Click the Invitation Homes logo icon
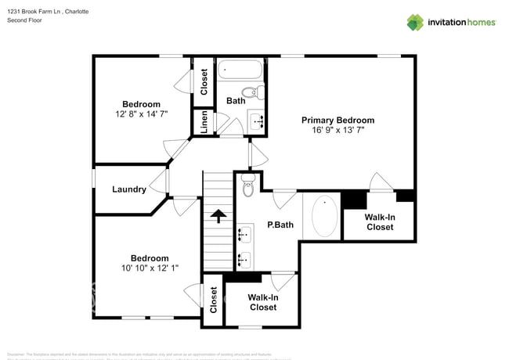(415, 22)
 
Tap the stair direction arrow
(218, 214)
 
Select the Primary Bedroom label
(338, 120)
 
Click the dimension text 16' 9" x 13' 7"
(338, 131)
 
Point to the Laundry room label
(128, 189)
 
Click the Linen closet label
(204, 122)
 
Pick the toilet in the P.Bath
(248, 188)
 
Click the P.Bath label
(280, 225)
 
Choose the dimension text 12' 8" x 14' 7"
(141, 114)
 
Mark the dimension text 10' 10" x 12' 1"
(149, 268)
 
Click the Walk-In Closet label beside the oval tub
(380, 221)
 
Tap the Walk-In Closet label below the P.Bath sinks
(262, 302)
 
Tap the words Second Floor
(24, 20)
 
